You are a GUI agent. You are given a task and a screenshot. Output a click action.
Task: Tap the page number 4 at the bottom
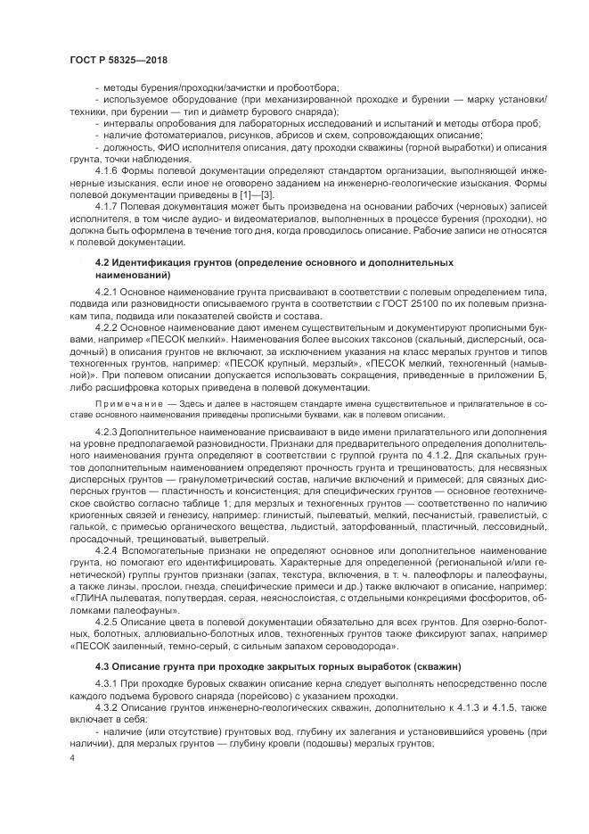(x=71, y=757)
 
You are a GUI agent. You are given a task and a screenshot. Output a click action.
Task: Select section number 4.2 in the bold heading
(x=102, y=263)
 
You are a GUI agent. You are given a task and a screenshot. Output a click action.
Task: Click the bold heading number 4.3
(x=102, y=665)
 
